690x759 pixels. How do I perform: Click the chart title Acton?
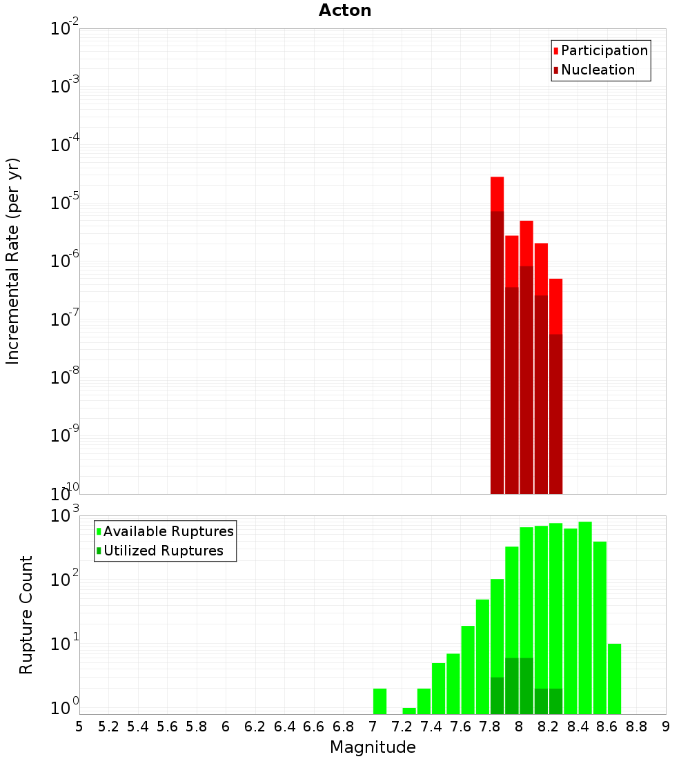pos(345,10)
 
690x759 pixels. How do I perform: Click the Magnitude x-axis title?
pos(373,747)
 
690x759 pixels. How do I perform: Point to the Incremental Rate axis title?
pos(13,262)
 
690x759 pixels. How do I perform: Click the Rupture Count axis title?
pos(26,614)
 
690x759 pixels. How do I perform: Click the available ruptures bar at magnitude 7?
pos(379,701)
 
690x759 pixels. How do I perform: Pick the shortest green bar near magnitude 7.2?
pos(409,711)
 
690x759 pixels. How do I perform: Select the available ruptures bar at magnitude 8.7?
pos(614,679)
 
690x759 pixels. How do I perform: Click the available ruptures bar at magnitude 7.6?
pos(468,669)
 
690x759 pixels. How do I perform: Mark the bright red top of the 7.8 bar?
pos(497,194)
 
